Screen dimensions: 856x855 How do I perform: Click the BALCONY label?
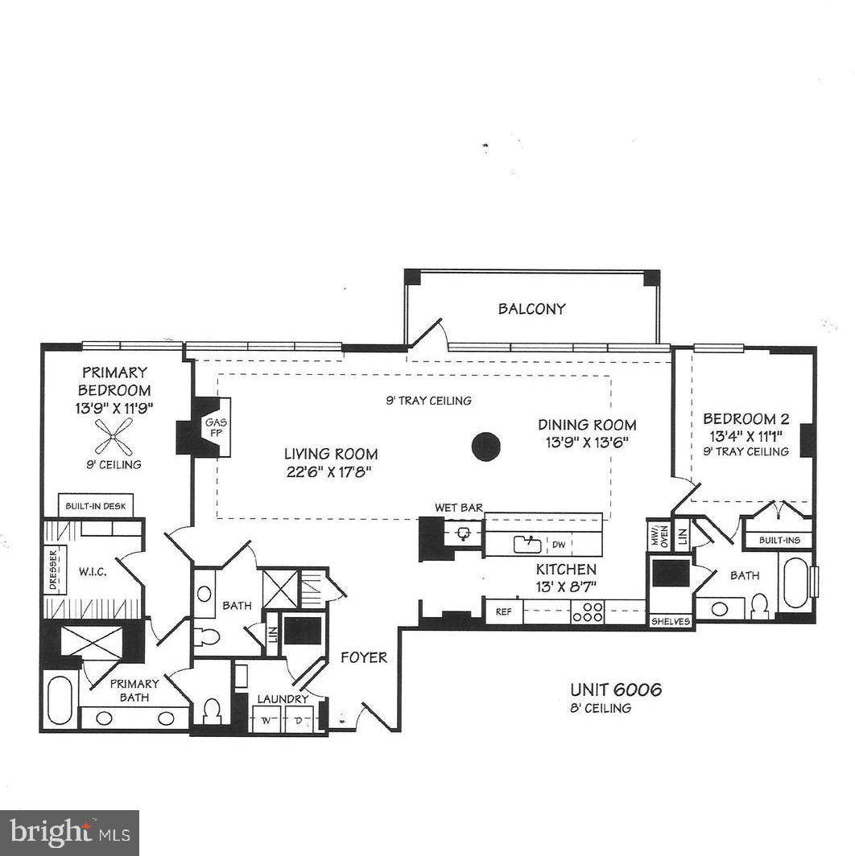[x=531, y=308]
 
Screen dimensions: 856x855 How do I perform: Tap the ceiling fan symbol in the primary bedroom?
[x=114, y=437]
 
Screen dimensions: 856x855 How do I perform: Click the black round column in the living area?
[x=485, y=446]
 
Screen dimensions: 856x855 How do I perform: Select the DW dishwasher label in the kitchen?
[x=558, y=545]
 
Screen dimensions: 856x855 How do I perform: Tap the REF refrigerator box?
[x=503, y=611]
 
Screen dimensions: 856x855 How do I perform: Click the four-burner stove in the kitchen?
[x=589, y=611]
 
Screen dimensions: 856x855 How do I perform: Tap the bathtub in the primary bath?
[x=60, y=702]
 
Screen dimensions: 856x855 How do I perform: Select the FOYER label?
[x=363, y=657]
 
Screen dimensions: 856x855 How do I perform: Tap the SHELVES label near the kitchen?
[x=671, y=621]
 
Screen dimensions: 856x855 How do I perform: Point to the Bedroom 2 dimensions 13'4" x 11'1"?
[x=746, y=436]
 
